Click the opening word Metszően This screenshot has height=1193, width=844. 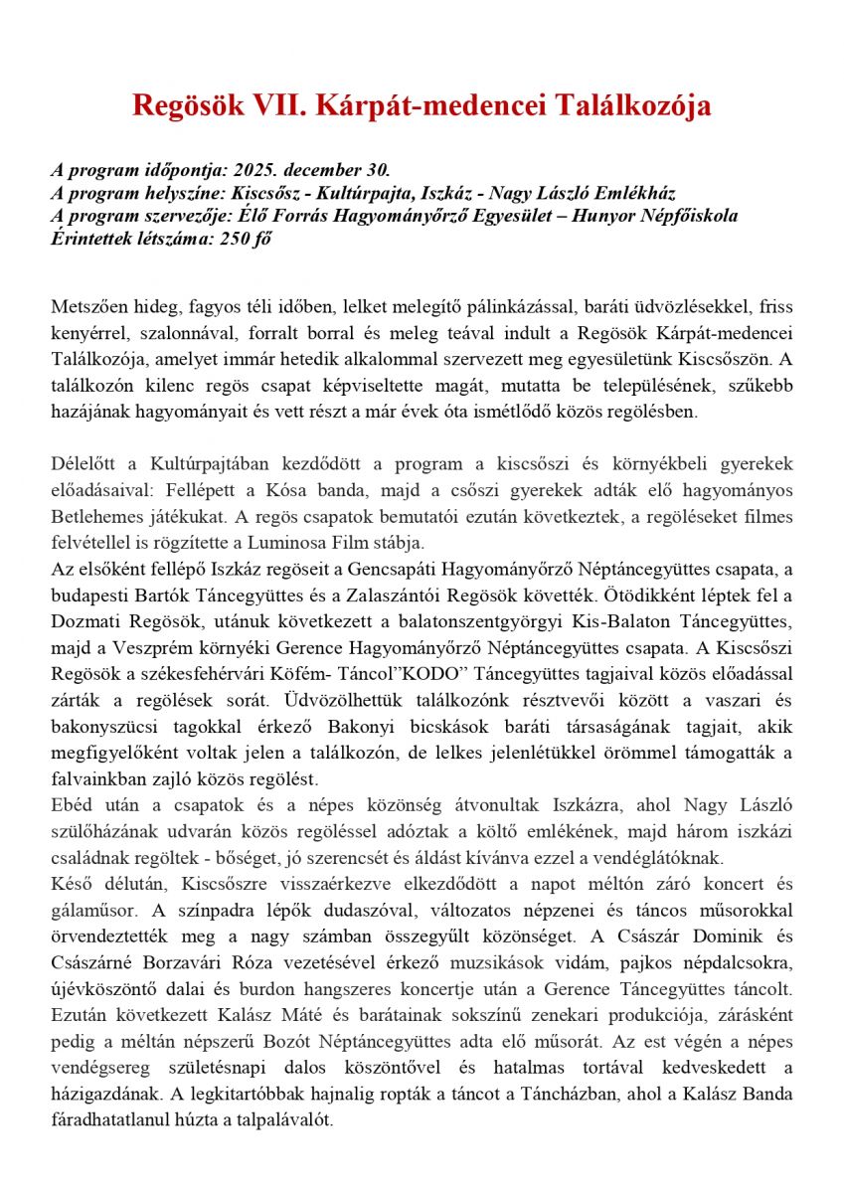point(89,306)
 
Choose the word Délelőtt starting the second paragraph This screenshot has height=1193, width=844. point(85,463)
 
